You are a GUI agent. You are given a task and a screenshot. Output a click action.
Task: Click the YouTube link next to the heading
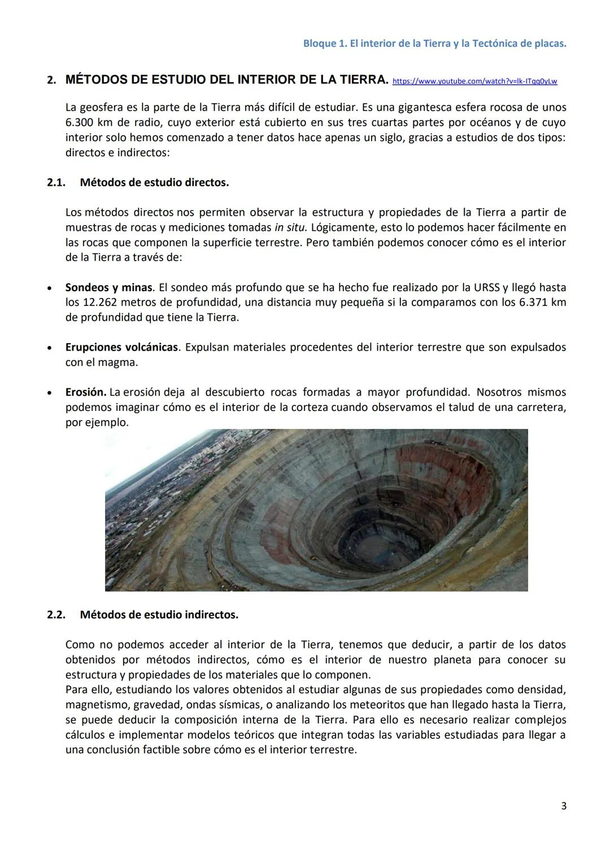click(474, 81)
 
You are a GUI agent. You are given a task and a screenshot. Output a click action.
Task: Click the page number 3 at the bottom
click(563, 806)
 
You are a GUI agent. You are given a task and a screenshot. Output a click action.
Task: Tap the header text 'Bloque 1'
click(324, 43)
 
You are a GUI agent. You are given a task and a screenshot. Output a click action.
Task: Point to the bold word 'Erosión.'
click(86, 392)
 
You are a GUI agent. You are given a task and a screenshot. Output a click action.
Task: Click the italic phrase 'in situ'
click(290, 227)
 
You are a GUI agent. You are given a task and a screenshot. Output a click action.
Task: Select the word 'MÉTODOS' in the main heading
click(97, 80)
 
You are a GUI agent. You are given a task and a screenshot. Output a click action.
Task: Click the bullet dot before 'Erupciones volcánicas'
click(51, 348)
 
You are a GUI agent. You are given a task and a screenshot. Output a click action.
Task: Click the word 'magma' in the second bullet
click(119, 362)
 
